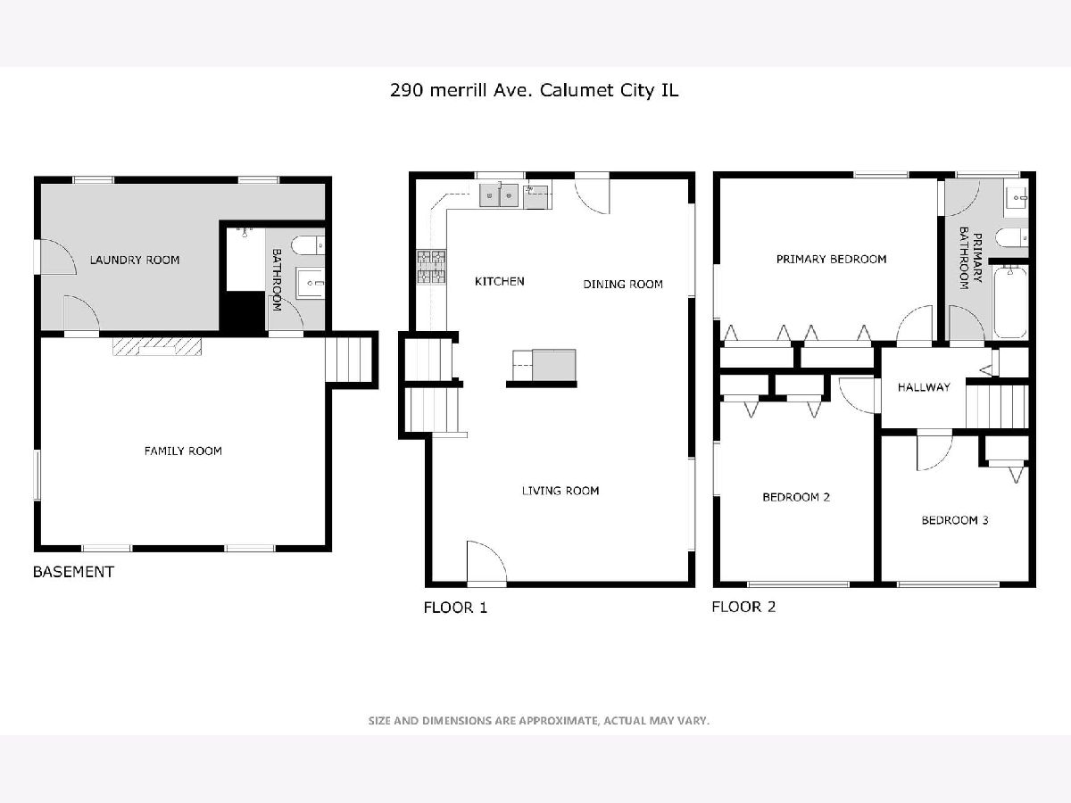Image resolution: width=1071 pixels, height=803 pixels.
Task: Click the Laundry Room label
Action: click(x=135, y=260)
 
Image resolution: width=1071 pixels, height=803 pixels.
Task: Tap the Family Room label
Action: click(x=183, y=451)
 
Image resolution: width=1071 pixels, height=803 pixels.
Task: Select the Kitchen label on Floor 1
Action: click(x=500, y=281)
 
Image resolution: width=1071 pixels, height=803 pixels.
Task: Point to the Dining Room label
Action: click(x=623, y=285)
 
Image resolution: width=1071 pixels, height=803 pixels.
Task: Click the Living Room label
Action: click(x=560, y=491)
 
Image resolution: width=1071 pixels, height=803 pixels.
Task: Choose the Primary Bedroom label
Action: click(x=832, y=260)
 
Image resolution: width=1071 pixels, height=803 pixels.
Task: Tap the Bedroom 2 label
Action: click(x=796, y=497)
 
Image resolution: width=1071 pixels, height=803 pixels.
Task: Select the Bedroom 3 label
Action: click(x=955, y=520)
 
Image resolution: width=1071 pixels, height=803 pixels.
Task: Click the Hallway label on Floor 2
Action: click(x=924, y=387)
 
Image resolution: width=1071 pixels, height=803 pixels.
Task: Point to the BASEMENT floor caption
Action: click(x=73, y=572)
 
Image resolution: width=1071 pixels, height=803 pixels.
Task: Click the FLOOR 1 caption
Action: click(x=455, y=608)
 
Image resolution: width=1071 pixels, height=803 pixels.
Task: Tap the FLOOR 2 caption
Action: click(x=743, y=607)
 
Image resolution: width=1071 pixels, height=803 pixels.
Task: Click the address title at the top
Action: click(x=535, y=91)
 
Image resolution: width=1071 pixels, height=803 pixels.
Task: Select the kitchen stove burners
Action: click(x=431, y=267)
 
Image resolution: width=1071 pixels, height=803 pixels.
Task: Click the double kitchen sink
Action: click(x=499, y=195)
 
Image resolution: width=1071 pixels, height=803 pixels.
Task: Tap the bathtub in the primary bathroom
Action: click(x=1011, y=302)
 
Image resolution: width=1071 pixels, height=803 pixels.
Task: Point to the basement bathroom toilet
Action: click(x=308, y=245)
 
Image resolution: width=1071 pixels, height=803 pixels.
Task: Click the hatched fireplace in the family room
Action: click(x=157, y=347)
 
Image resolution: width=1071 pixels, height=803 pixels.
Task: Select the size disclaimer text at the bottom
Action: click(x=539, y=721)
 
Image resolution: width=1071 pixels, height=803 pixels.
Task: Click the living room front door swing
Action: click(x=486, y=561)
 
